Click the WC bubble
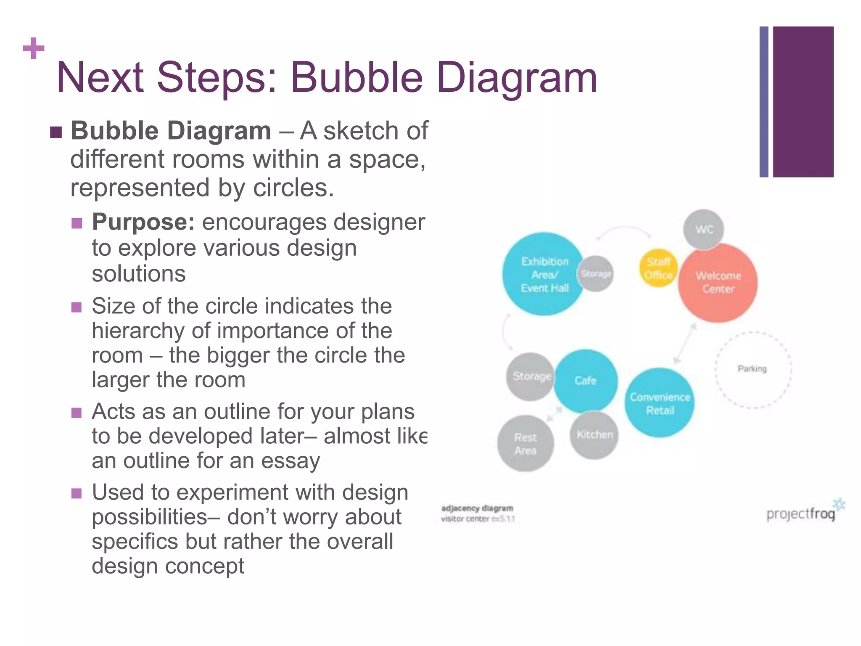click(704, 229)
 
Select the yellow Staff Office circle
click(658, 268)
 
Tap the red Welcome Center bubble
click(718, 283)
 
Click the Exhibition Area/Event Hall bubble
click(544, 274)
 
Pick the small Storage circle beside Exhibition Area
click(596, 274)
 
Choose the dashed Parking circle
click(753, 369)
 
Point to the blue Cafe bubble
click(585, 381)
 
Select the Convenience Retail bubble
click(660, 403)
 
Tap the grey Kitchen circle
click(594, 435)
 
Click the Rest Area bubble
click(526, 444)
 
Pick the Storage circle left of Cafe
click(531, 376)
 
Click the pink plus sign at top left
click(34, 48)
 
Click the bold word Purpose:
click(143, 222)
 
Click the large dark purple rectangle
click(803, 102)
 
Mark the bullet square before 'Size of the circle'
click(77, 307)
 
